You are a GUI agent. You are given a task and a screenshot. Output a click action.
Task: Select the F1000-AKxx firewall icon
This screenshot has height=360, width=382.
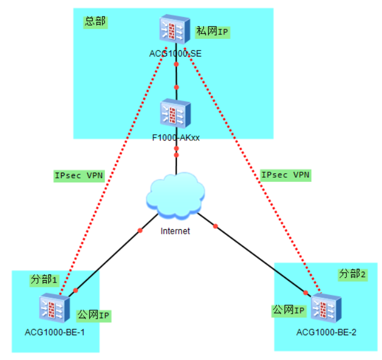coord(176,113)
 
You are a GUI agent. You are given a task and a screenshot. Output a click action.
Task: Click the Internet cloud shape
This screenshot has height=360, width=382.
coord(175,196)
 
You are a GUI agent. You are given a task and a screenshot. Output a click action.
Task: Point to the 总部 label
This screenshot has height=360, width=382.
coord(95,22)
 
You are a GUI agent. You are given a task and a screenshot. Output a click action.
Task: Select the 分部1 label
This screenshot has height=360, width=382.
coord(44,280)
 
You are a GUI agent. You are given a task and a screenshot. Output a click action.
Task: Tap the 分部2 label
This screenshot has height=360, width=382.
coord(353,274)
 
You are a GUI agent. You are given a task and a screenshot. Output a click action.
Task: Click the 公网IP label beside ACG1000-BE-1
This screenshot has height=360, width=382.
coord(93,315)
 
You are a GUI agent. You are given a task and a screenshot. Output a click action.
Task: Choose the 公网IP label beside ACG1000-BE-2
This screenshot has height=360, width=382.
coord(289,310)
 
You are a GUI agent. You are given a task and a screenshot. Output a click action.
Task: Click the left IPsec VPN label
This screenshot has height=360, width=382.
coord(79,175)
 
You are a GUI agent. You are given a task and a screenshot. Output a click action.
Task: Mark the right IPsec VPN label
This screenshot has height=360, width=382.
coord(285,175)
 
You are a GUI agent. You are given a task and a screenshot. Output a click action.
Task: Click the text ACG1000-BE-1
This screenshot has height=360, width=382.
coord(55,332)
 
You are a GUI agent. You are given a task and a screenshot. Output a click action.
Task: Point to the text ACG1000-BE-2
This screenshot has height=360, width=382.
coord(327,332)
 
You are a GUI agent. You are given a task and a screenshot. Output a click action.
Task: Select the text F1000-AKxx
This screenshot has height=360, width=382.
coord(176,138)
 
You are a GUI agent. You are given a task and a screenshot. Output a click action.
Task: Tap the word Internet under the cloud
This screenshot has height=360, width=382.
coord(175,231)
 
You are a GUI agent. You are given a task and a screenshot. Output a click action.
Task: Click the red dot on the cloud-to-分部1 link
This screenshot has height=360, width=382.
coord(140,230)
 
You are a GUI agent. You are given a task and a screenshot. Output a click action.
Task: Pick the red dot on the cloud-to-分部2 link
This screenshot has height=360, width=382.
coord(215,227)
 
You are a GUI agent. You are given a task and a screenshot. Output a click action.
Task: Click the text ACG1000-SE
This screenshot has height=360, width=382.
coord(175,54)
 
